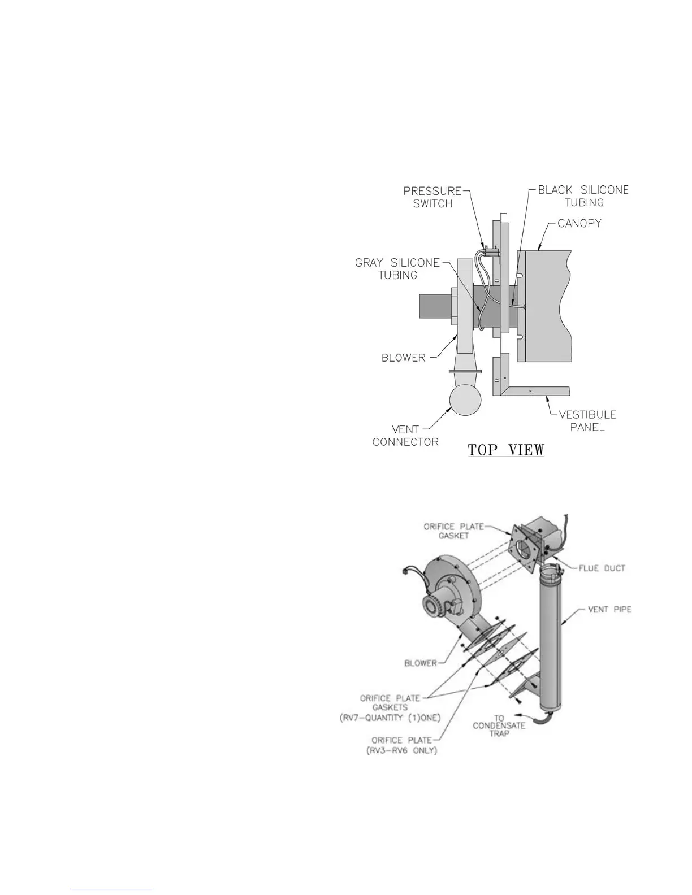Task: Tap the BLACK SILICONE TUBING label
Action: [583, 195]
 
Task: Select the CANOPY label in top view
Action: [579, 223]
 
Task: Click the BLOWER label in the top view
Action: [403, 357]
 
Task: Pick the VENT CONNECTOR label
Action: [405, 435]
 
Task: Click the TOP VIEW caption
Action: [505, 450]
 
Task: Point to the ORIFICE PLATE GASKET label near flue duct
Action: [453, 531]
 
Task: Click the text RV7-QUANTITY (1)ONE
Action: [386, 718]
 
